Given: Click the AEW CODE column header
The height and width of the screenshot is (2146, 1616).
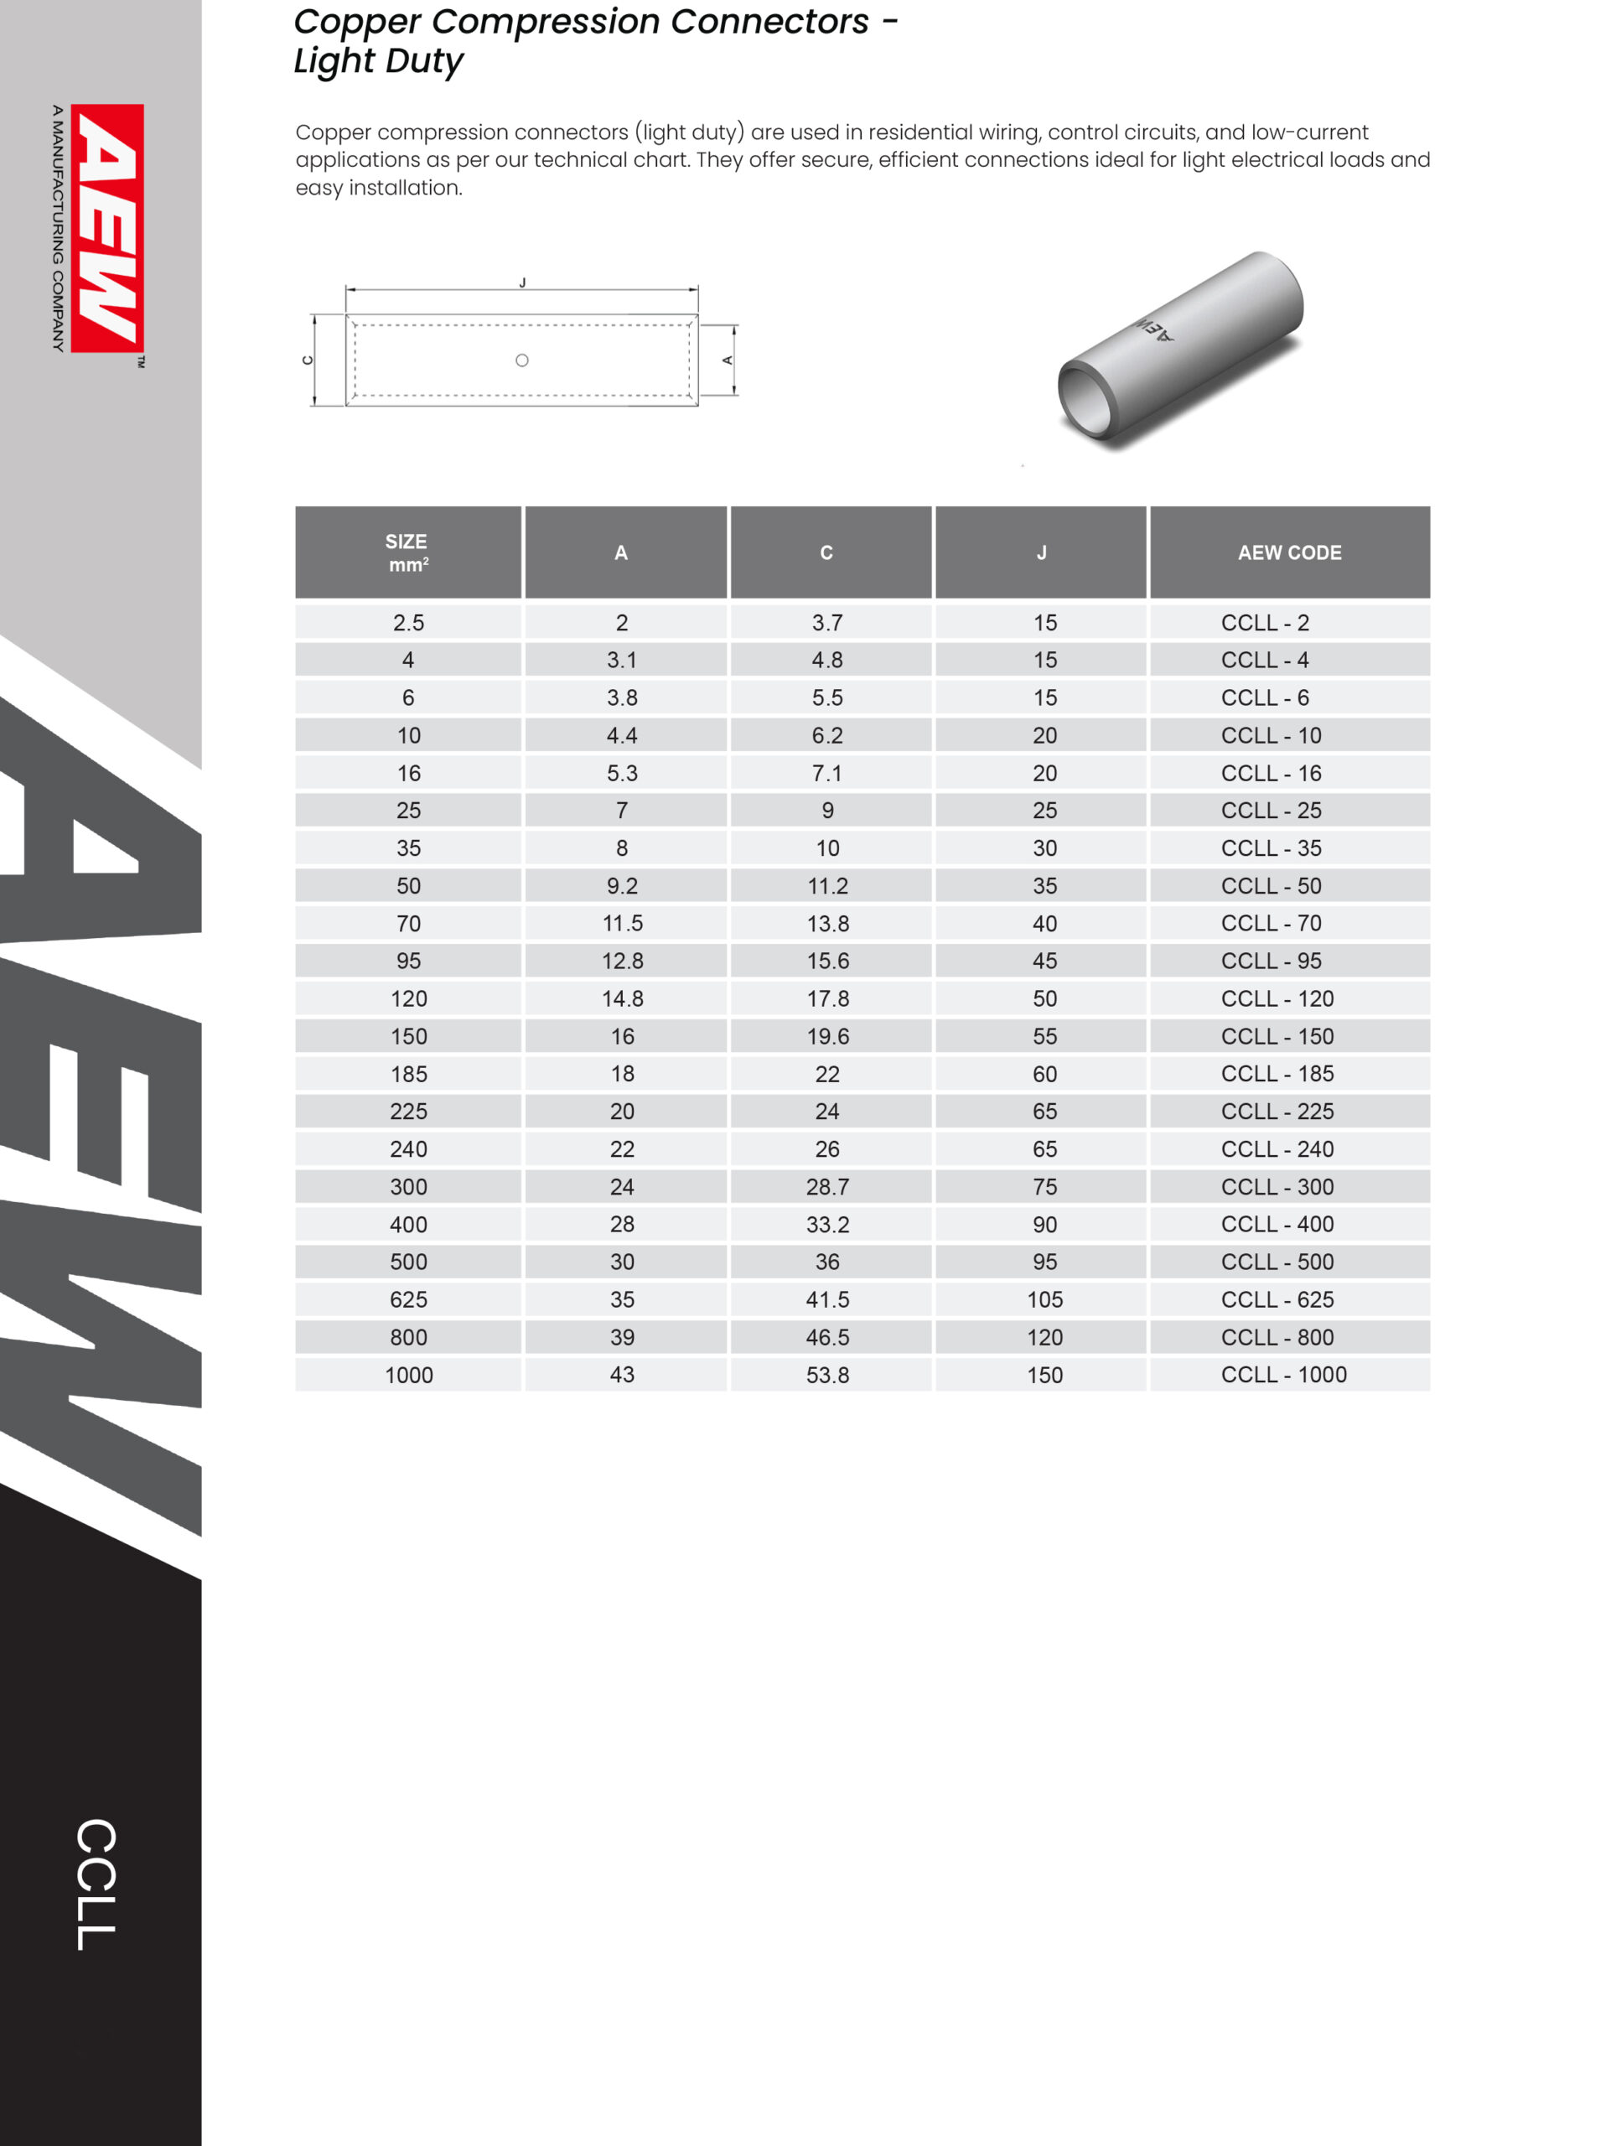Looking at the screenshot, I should pos(1289,553).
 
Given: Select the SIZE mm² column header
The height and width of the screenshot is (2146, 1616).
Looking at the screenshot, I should pos(407,553).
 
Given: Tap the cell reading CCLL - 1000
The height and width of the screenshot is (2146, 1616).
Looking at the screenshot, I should pos(1283,1375).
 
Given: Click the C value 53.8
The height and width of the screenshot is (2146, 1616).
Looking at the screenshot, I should pos(827,1375).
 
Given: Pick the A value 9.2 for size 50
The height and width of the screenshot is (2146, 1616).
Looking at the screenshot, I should pos(622,886).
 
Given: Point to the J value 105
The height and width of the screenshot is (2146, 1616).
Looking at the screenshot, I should pos(1044,1300).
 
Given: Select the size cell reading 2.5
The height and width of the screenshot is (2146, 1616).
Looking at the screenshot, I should pos(408,623).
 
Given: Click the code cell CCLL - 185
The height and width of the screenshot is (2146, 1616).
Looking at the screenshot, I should pos(1277,1074).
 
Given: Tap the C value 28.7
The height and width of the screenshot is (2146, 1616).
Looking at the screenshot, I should pos(827,1186).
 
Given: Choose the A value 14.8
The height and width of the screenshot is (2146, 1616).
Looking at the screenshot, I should pos(622,999).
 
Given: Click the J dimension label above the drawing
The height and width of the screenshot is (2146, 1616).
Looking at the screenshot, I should pos(522,283).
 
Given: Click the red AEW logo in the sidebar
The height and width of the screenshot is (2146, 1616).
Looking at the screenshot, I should pos(106,228).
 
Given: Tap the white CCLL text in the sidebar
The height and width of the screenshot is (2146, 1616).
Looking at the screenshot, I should pos(96,1885).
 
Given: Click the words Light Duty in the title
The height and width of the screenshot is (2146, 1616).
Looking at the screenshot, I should pos(378,61).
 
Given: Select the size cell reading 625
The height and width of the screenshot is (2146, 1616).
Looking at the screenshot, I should pos(408,1300).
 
